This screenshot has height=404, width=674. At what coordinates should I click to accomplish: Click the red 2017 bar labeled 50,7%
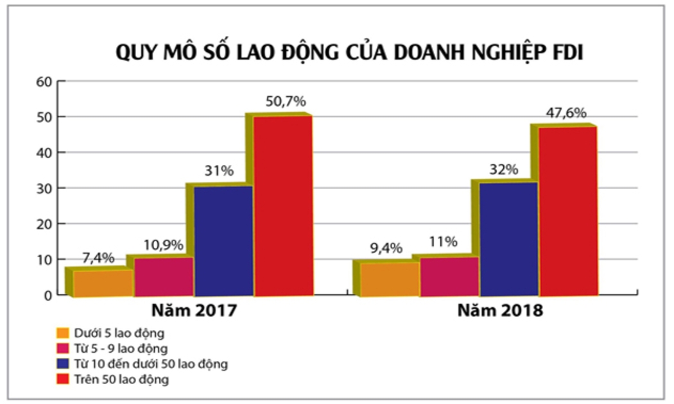click(283, 205)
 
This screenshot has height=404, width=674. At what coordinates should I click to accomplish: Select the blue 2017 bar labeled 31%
click(223, 240)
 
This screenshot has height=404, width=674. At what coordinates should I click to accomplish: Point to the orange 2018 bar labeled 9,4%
click(389, 279)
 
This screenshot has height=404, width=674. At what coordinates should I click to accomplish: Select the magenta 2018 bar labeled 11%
click(449, 276)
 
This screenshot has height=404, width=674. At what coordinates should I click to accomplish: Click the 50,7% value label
click(286, 101)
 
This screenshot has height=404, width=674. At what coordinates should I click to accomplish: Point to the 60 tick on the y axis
click(43, 81)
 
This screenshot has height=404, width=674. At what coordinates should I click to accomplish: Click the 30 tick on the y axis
click(43, 188)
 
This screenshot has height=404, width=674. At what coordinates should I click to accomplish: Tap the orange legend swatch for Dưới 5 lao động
click(62, 333)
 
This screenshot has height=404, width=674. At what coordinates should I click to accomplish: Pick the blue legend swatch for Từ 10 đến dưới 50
click(62, 364)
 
